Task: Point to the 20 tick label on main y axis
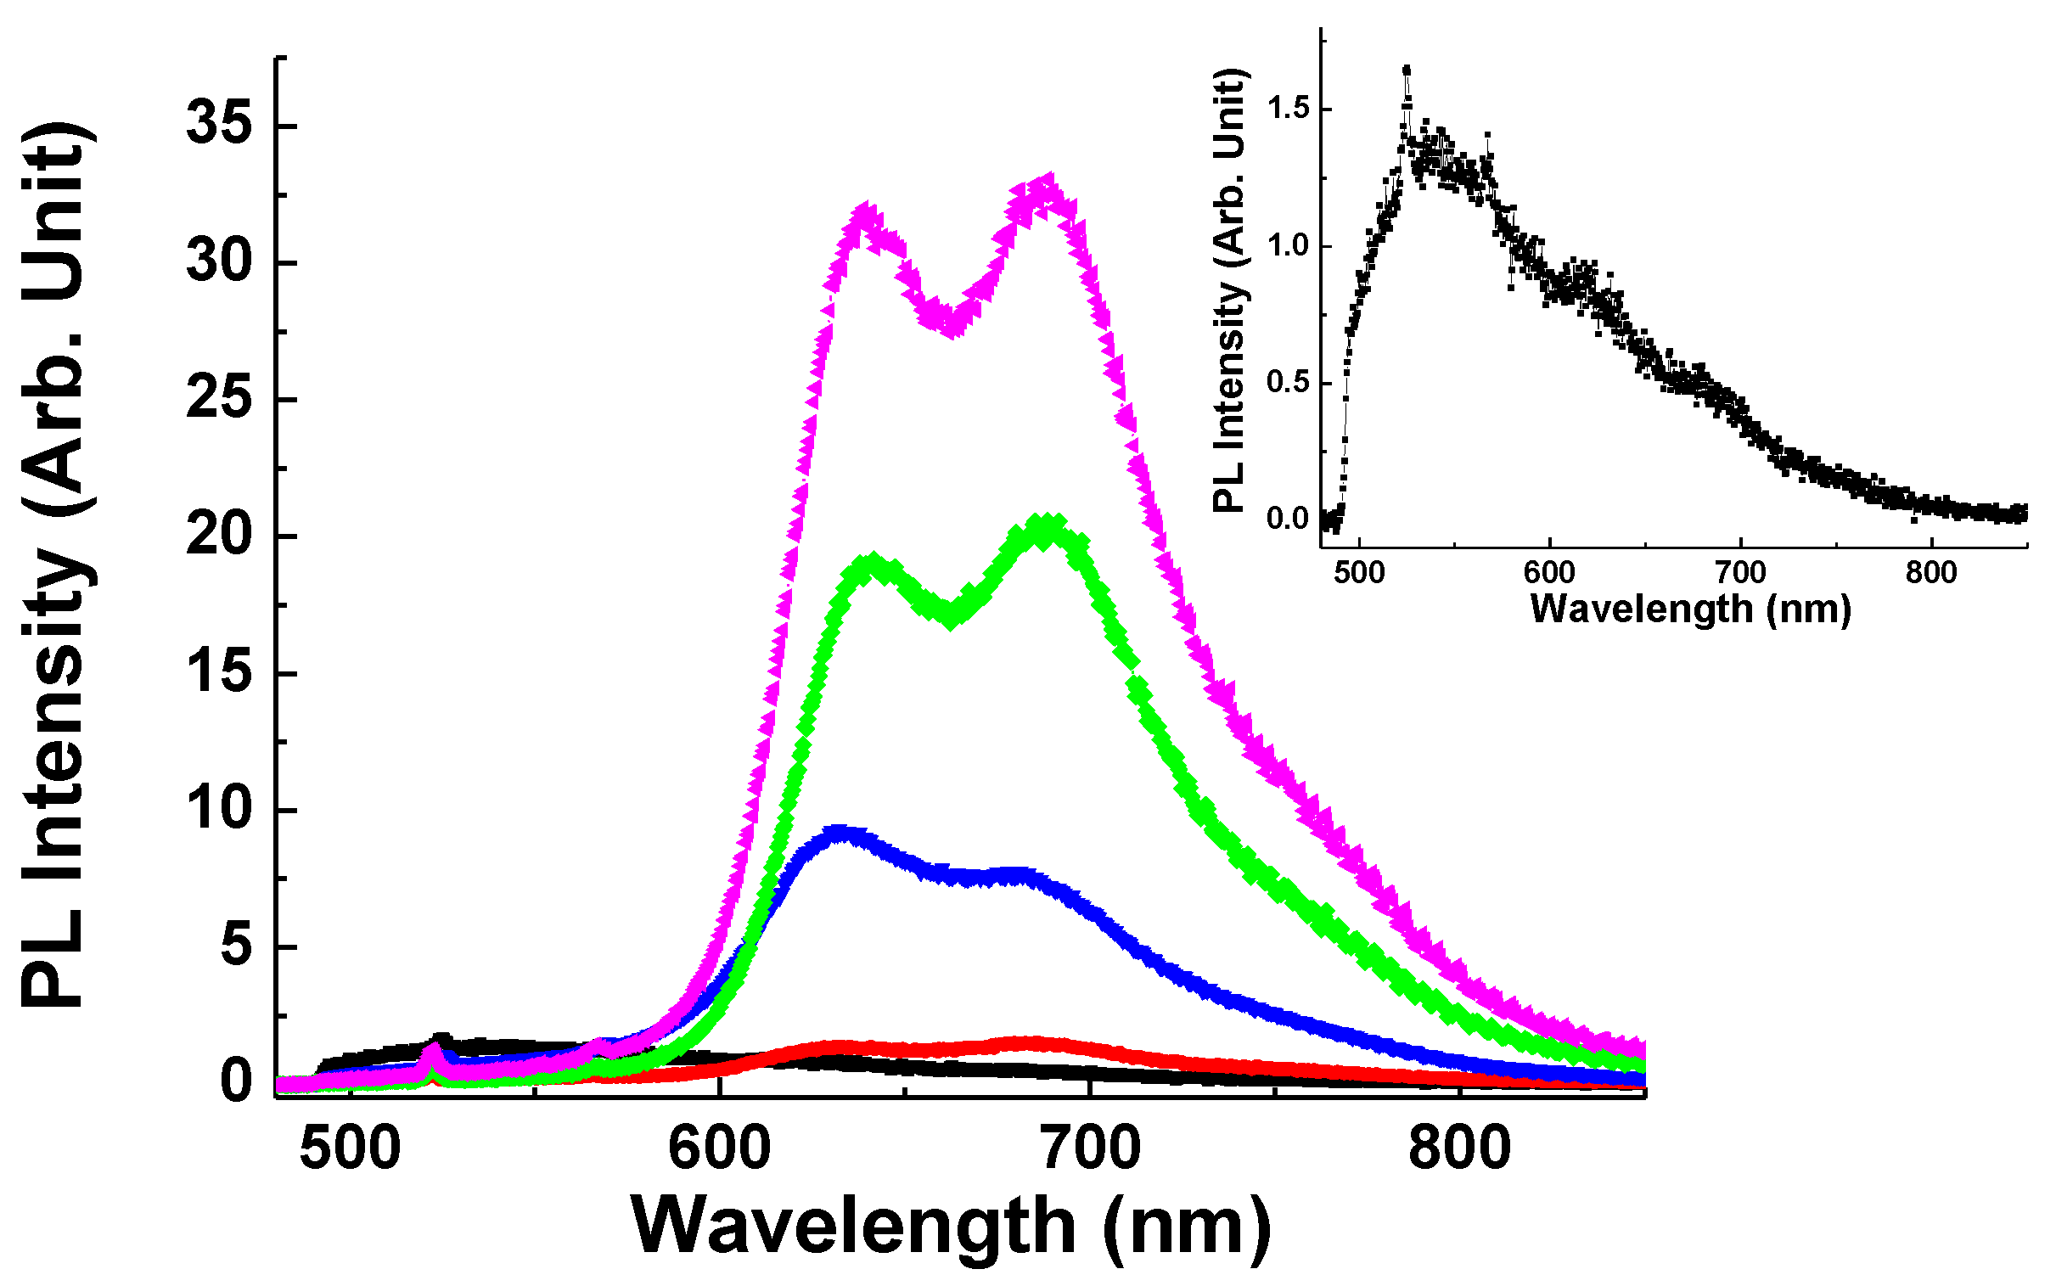pyautogui.click(x=219, y=536)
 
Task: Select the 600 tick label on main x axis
pyautogui.click(x=719, y=1148)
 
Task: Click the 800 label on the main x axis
pyautogui.click(x=1459, y=1148)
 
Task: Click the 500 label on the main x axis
pyautogui.click(x=350, y=1148)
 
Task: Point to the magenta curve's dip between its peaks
pyautogui.click(x=951, y=325)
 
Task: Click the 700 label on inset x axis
pyautogui.click(x=1740, y=572)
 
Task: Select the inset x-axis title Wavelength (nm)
pyautogui.click(x=1690, y=609)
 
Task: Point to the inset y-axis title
pyautogui.click(x=1229, y=289)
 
